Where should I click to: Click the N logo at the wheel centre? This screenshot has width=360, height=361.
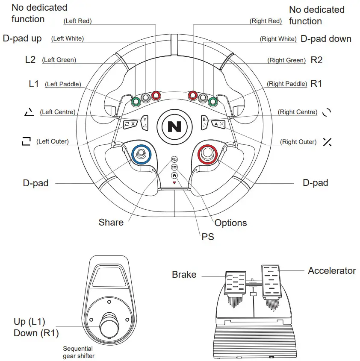[x=174, y=126]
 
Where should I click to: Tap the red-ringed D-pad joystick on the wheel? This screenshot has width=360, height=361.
[x=208, y=153]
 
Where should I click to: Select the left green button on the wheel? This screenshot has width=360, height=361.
[x=136, y=102]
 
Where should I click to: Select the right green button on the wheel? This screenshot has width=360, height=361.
[x=212, y=102]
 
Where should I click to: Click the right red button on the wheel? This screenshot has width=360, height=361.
[x=193, y=95]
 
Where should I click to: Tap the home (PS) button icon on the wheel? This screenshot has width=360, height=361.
[x=174, y=175]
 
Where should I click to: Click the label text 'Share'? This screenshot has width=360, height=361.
[x=111, y=222]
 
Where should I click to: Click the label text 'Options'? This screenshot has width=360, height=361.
[x=230, y=223]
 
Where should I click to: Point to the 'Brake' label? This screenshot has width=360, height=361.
[x=184, y=275]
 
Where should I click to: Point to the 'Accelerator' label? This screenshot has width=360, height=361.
[x=332, y=271]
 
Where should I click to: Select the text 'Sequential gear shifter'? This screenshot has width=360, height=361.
[x=79, y=352]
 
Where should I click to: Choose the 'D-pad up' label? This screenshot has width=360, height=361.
[x=22, y=38]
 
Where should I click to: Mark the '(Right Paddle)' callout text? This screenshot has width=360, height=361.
[x=287, y=84]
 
